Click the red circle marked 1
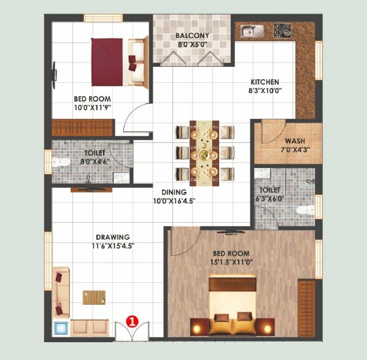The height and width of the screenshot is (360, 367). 131,320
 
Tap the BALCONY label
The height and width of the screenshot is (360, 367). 193,36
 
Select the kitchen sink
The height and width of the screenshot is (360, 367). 251,31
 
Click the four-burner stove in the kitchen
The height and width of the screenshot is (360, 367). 283,29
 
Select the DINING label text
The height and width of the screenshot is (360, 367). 174,192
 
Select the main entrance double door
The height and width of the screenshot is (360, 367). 131,331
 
